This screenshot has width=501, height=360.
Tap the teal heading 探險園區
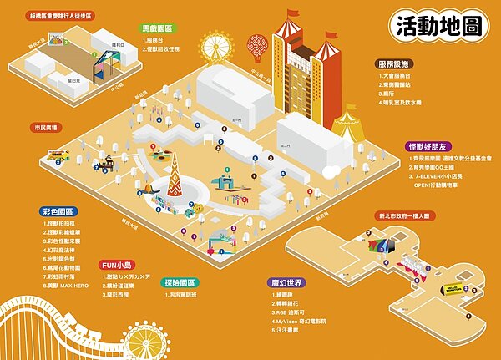pyautogui.click(x=181, y=283)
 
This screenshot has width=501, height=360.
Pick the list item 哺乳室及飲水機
pyautogui.click(x=402, y=101)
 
